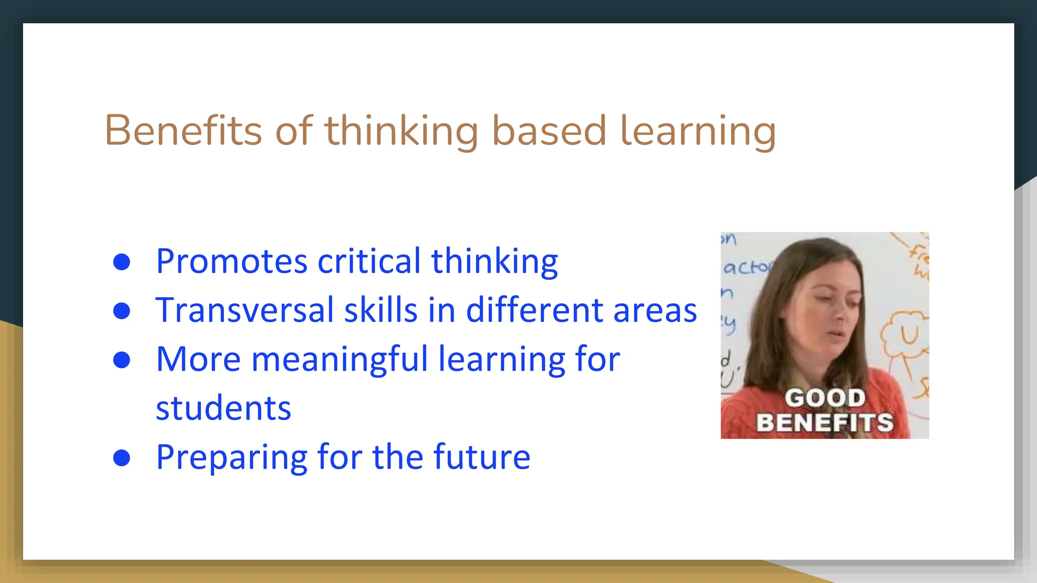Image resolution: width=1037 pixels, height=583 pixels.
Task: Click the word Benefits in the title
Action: coord(183,131)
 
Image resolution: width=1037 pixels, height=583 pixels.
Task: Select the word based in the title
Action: coord(549,131)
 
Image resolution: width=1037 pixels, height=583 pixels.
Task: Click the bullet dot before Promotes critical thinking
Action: coord(122,262)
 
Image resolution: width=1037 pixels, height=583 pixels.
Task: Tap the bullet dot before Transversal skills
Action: coord(122,311)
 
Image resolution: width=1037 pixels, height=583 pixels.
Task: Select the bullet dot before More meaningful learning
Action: coord(122,360)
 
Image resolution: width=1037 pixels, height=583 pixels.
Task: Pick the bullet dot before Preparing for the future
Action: coord(122,457)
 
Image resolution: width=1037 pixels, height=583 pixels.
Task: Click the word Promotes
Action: coord(231,262)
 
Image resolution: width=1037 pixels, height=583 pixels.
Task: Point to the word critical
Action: coord(369,262)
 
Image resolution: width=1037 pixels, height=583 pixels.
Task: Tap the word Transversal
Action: coord(244,310)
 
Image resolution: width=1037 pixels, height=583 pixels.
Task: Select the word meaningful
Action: coord(340,360)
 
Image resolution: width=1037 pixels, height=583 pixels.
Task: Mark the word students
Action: coord(223,408)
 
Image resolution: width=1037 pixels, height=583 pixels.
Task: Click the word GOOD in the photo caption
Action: coord(825,398)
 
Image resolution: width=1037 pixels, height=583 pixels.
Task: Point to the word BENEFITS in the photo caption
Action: coord(825,423)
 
